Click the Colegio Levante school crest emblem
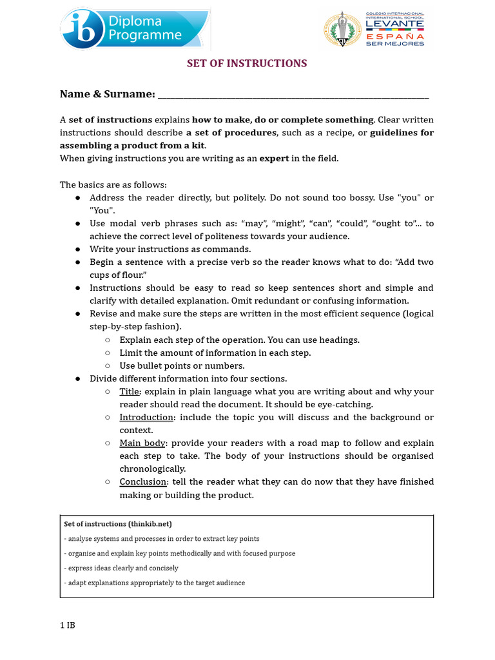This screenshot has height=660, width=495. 342,30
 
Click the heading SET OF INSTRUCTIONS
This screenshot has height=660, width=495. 247,63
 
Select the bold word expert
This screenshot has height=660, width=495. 274,159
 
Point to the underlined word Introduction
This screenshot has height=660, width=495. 146,417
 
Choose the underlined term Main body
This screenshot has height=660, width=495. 143,443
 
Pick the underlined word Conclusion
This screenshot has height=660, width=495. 144,481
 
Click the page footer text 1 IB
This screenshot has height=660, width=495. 67,625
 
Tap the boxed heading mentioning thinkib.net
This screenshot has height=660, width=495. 118,524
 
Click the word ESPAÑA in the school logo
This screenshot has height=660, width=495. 394,37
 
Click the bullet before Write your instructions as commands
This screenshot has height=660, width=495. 77,249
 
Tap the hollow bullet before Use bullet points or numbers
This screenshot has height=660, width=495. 108,365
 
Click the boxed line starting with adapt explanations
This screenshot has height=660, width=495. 155,583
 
